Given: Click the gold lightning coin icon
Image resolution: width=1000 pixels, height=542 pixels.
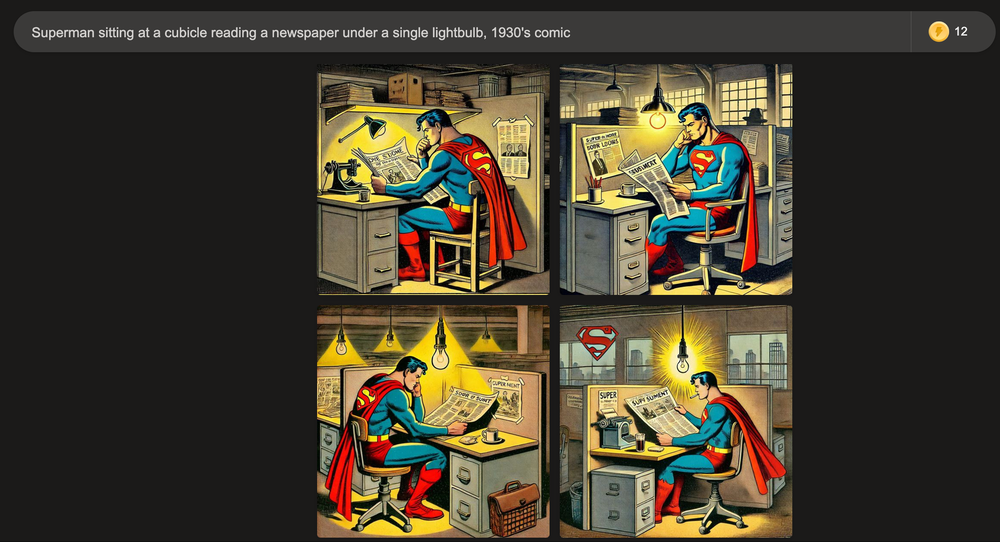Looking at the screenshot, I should coord(938,31).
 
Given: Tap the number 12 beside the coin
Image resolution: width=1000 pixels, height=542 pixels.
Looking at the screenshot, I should coord(960,31).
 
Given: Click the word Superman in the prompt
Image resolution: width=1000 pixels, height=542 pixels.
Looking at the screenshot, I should coord(63,32).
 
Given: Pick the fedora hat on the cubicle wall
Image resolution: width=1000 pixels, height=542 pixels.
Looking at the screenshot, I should coord(755,116).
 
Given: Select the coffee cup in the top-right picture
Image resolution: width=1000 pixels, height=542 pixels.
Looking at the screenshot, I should coord(628,189).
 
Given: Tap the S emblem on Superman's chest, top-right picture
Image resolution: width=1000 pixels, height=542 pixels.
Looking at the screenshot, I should coord(702,161).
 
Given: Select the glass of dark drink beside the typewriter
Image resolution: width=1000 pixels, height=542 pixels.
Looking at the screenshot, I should coord(640,442).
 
